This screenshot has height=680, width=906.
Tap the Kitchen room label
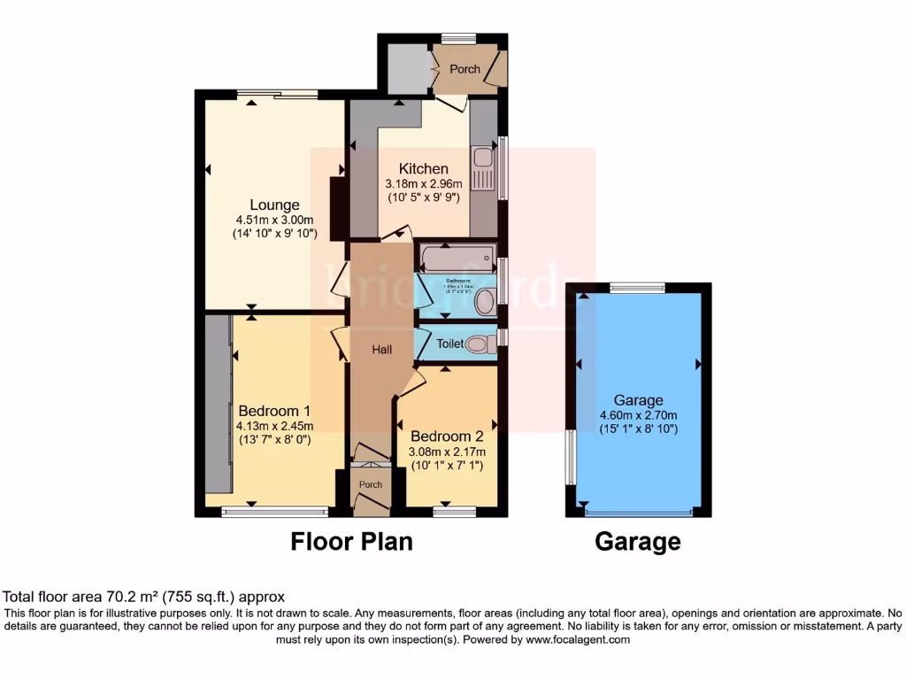coord(423,168)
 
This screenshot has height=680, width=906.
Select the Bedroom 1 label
coord(274,411)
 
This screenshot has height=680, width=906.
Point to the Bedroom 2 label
coord(447,437)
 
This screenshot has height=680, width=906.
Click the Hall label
coord(382,351)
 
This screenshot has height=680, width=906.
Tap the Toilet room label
coord(450,344)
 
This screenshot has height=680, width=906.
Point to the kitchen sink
coord(482,160)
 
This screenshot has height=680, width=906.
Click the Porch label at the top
coord(465,69)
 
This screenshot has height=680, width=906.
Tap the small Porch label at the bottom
coord(371,484)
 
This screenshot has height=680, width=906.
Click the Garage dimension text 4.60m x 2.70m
coord(639,415)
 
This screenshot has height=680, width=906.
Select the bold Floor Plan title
coord(351,541)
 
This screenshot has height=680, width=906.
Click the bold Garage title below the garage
coord(638,541)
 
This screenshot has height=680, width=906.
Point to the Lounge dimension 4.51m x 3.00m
coord(274,220)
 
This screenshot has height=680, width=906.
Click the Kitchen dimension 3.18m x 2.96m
coord(423,183)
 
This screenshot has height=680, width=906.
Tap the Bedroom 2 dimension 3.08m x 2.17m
coord(447,452)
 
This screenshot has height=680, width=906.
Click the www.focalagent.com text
coord(580,639)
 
